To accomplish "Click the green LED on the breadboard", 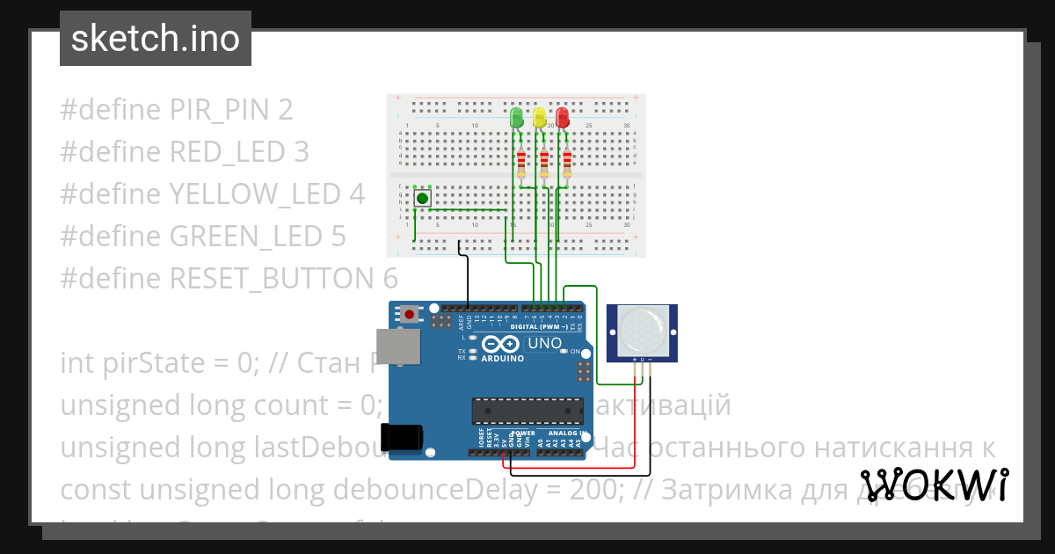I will tap(517, 116).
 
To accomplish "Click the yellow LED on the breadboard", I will tap(540, 116).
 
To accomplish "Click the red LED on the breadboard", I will tap(563, 116).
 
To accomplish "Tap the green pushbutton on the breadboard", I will tap(423, 199).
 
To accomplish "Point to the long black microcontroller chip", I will tap(527, 411).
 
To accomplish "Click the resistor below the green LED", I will tap(521, 164).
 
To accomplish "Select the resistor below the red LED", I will tap(567, 164).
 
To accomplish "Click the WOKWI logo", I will tap(934, 485).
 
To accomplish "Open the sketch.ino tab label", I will tap(156, 39).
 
